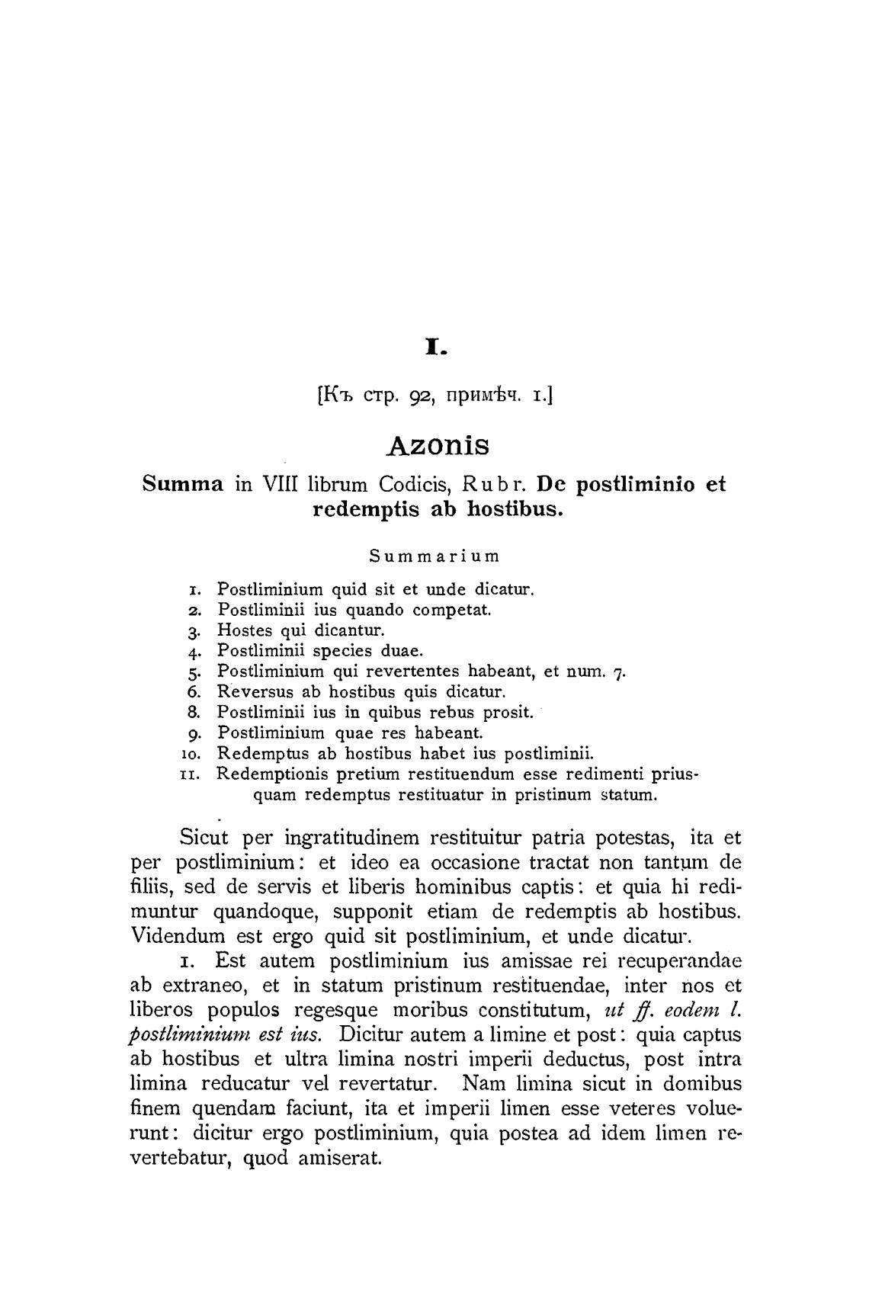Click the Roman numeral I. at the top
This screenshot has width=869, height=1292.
(x=434, y=349)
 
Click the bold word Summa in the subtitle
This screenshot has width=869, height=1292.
(x=183, y=484)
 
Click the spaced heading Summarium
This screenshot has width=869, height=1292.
(x=434, y=556)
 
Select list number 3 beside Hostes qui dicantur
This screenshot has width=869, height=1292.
(x=194, y=631)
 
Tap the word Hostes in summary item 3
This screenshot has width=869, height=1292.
(x=245, y=630)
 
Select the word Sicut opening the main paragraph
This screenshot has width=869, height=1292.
(x=204, y=838)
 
